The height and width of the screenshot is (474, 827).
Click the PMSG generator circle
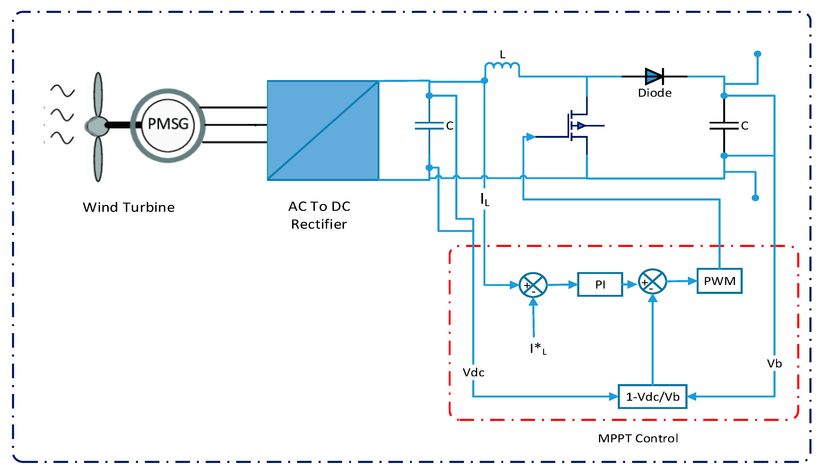pos(168,125)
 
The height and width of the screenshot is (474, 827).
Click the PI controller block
pos(600,285)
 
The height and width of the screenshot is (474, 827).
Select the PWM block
pos(719,281)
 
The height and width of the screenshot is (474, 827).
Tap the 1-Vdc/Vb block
pos(653,397)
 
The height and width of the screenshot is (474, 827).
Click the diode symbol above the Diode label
pos(654,77)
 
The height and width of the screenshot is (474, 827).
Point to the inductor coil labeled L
pos(502,66)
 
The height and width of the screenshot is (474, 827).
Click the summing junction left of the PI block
pos(533,285)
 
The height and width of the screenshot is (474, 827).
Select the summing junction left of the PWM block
pos(652,281)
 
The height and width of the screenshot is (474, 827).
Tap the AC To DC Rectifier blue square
pos(323,130)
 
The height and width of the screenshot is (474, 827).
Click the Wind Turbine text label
pos(129,207)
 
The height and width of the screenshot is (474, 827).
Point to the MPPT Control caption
pos(638,439)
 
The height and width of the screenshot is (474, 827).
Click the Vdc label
pos(473,372)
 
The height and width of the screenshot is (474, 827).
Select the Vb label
pos(774,364)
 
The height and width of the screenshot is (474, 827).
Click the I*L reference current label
pos(537,349)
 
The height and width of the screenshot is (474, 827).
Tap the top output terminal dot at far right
pos(758,54)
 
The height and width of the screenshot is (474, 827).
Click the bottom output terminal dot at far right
pos(755,198)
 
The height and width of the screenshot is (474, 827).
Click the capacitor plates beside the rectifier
pos(429,126)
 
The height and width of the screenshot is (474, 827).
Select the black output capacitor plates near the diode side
pos(724,126)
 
